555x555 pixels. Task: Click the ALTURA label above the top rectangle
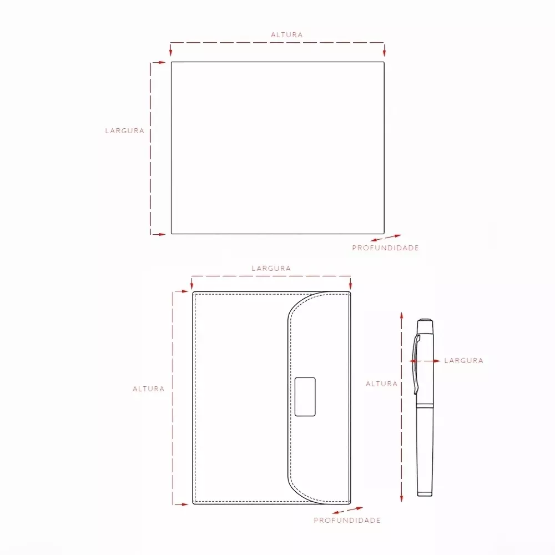(287, 34)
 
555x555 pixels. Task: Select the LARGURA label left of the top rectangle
(124, 130)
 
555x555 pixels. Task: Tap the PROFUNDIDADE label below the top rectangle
(386, 248)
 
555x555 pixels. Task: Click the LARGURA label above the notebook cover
(271, 268)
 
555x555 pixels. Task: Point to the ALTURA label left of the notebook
(149, 389)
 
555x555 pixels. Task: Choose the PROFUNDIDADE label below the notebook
(347, 521)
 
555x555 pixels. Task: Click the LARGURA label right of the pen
(463, 360)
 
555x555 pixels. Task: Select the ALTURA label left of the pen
(382, 384)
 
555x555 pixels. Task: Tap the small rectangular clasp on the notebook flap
(305, 396)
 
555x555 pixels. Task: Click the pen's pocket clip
(416, 365)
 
